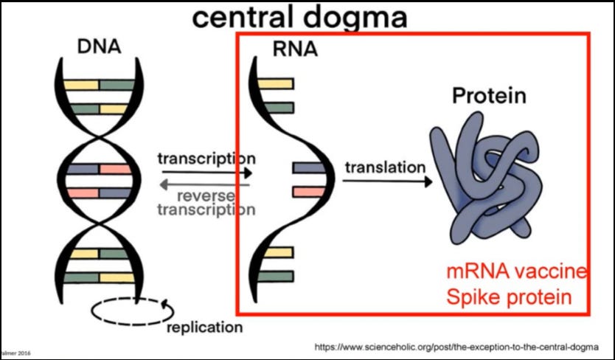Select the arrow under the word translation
[387, 181]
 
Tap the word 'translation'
[385, 167]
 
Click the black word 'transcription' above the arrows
[206, 159]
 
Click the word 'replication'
[204, 327]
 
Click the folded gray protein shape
[486, 180]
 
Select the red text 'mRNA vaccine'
[516, 272]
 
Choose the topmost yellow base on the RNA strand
[281, 83]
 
